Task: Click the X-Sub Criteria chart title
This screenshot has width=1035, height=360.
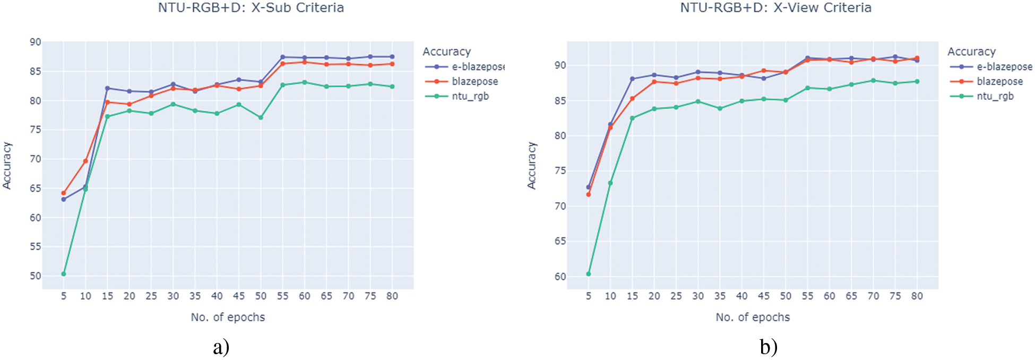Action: pos(251,7)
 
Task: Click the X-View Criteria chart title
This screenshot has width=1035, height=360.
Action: pos(775,7)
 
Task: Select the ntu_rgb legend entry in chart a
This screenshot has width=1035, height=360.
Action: pos(470,96)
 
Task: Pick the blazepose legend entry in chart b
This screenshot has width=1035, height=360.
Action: pos(999,81)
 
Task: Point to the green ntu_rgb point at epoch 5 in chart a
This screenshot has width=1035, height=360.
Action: pos(64,274)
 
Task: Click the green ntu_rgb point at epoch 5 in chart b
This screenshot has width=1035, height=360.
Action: pos(588,274)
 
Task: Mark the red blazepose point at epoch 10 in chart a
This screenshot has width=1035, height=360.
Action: pos(85,161)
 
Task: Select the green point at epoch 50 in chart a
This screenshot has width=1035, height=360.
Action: pos(261,117)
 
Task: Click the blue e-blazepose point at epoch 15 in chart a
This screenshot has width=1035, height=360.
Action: pos(108,88)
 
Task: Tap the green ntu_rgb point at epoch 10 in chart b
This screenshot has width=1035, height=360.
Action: pos(610,183)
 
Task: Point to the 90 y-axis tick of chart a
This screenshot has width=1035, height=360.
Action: pos(35,42)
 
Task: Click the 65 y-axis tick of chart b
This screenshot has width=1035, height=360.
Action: pos(560,241)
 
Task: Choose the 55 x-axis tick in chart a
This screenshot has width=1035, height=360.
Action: pos(282,296)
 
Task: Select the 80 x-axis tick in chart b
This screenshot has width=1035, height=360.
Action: pos(917,296)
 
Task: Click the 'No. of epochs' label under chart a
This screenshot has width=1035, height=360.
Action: pos(228,317)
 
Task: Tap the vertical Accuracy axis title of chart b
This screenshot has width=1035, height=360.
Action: pos(531,165)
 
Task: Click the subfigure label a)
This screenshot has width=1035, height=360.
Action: pos(221,347)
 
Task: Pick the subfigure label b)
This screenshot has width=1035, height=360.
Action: pos(769,347)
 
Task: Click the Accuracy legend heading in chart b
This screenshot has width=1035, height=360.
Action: pos(971,52)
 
